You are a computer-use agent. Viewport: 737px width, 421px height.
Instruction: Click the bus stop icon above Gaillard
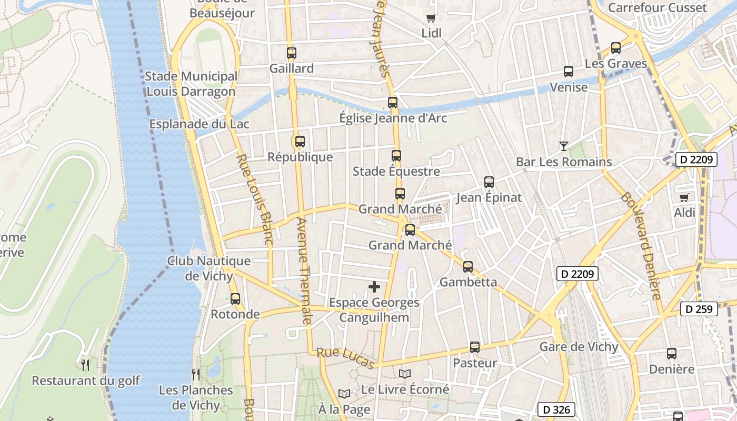[x=292, y=53]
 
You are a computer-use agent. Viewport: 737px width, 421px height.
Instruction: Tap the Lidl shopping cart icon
[x=431, y=18]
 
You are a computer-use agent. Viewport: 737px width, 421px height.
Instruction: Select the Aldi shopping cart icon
[x=684, y=197]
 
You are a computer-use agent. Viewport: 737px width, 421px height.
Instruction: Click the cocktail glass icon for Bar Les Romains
[x=564, y=146]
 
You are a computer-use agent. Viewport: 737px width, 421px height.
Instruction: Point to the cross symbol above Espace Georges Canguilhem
[x=374, y=287]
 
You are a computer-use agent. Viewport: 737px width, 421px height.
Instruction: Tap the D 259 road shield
[x=699, y=309]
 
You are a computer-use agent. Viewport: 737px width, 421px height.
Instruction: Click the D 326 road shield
[x=556, y=409]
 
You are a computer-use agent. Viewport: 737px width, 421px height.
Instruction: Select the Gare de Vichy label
[x=579, y=347]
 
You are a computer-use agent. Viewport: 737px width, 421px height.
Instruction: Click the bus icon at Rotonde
[x=235, y=299]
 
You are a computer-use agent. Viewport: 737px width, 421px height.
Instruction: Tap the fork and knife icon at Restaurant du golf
[x=85, y=365]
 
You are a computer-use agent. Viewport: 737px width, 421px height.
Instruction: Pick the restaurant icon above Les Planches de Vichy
[x=196, y=374]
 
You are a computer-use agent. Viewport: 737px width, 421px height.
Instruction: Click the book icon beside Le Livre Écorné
[x=404, y=374]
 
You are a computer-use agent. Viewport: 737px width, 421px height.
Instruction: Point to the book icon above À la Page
[x=344, y=394]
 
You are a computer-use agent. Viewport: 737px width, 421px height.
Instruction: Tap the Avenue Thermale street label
[x=304, y=270]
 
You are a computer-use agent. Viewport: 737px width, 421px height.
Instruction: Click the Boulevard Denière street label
[x=641, y=245]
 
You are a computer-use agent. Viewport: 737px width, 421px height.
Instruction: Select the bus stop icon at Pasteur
[x=475, y=347]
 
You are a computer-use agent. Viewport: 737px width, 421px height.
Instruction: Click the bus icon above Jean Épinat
[x=489, y=182]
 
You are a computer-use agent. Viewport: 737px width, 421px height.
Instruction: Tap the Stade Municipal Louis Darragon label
[x=191, y=84]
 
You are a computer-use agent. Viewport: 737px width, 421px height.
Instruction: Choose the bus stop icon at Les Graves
[x=616, y=48]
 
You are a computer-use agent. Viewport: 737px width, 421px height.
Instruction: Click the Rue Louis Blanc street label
[x=253, y=199]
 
